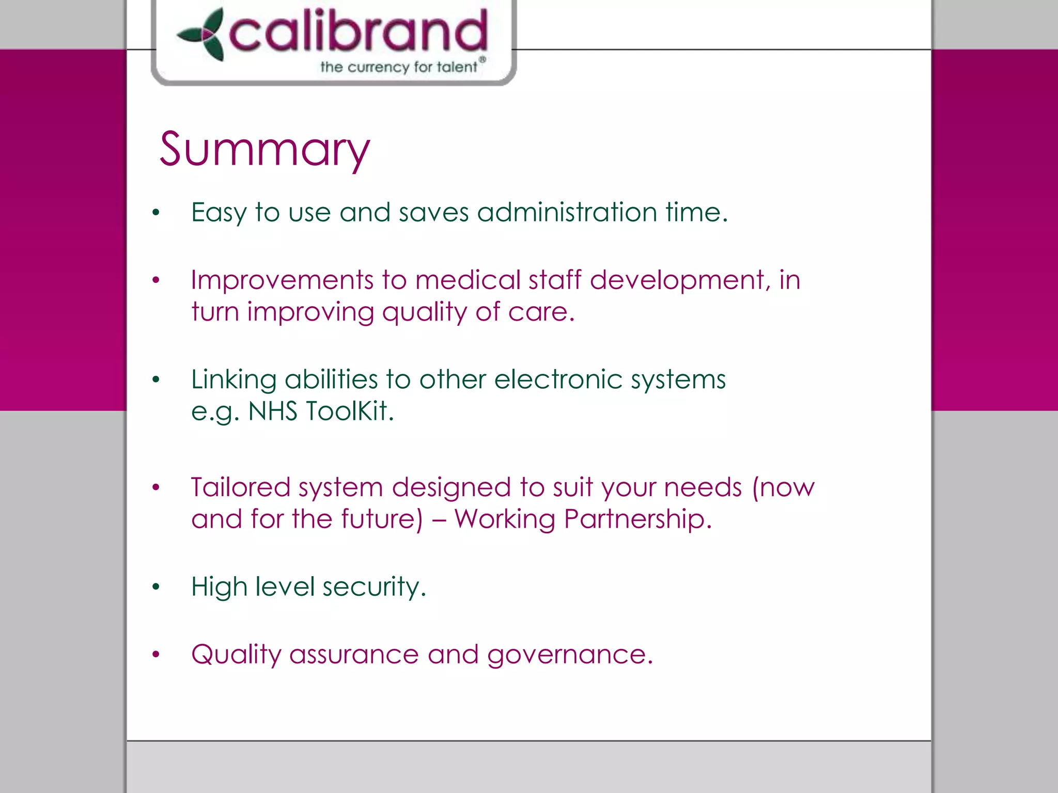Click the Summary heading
click(264, 150)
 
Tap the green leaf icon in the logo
click(203, 35)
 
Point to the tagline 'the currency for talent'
click(399, 67)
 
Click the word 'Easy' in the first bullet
click(219, 213)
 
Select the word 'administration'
click(567, 212)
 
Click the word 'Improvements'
click(282, 280)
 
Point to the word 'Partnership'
click(637, 519)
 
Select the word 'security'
click(374, 588)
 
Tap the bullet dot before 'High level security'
click(156, 587)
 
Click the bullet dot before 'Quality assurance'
click(156, 655)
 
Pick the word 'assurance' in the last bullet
click(354, 655)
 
